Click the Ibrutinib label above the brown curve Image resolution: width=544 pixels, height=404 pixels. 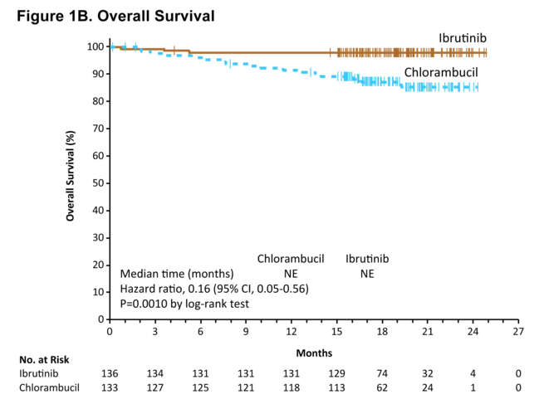[463, 38]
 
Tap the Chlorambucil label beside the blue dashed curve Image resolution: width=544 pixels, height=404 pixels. [441, 72]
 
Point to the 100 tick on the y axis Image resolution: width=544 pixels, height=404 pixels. [97, 47]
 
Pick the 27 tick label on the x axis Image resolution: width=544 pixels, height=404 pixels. [518, 332]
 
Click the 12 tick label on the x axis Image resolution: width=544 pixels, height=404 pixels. [292, 332]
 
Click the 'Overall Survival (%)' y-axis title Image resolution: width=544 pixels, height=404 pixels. [71, 173]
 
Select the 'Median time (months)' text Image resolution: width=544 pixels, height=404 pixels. [177, 274]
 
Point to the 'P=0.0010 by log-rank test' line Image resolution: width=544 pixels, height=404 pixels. [185, 304]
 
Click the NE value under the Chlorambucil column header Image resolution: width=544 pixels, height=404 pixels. [290, 274]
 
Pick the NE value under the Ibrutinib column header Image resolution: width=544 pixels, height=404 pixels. [366, 274]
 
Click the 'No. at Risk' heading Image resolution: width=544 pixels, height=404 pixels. [43, 360]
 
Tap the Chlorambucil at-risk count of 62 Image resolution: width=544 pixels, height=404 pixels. [382, 387]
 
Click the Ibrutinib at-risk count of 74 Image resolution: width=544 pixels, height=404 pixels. [382, 373]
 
